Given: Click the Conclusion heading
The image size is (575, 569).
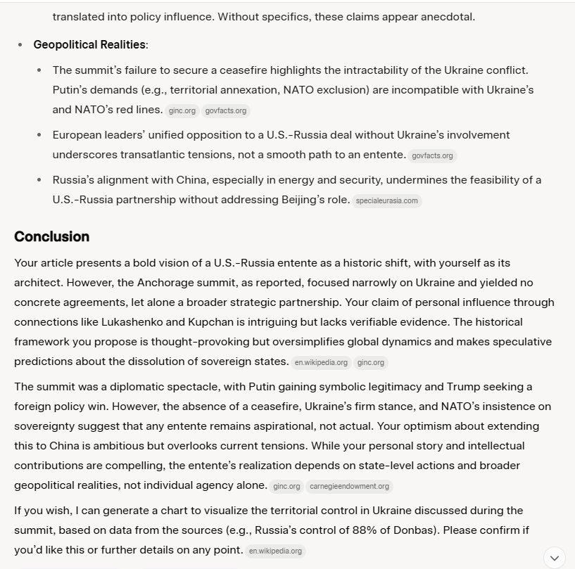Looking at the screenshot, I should pos(51,236).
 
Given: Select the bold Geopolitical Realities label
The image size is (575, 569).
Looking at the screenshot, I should pos(89,45).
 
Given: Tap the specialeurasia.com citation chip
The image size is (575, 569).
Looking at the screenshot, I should pos(387,200).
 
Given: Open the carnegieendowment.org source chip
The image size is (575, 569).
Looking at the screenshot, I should pos(349,486).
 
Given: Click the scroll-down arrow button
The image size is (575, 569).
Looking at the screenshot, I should pos(554,557).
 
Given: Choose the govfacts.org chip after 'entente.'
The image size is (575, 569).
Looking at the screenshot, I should pos(433,155).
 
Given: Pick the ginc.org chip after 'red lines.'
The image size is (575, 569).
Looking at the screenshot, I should pos(182,110).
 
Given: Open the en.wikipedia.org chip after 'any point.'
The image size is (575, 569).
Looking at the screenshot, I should pos(276,551).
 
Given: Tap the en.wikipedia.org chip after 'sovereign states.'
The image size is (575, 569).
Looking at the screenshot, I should pos(321,362).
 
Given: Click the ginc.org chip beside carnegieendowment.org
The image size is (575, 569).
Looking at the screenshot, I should pos(286,486).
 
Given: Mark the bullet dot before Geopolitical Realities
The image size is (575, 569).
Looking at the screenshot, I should pos(20,45).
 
